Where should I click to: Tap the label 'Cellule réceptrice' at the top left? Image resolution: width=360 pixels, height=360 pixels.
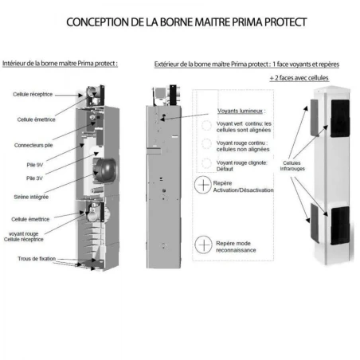[x=33, y=94]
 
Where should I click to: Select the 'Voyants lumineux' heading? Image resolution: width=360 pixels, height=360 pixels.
[x=241, y=112]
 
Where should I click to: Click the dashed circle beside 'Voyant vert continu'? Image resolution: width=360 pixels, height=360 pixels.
[x=206, y=127]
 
